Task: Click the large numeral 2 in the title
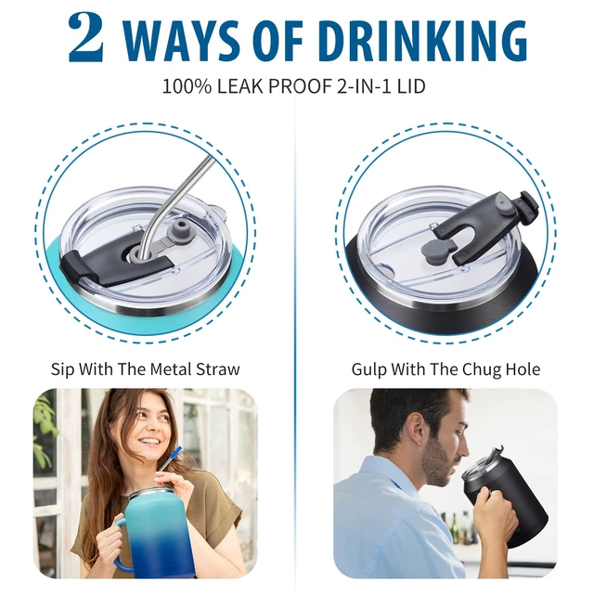tap(86, 38)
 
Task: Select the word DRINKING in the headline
tap(422, 40)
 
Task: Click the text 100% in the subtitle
tap(187, 86)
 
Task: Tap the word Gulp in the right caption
tap(368, 369)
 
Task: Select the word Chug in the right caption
tap(483, 369)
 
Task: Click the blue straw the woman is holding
tap(171, 459)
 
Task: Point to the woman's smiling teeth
tap(150, 442)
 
